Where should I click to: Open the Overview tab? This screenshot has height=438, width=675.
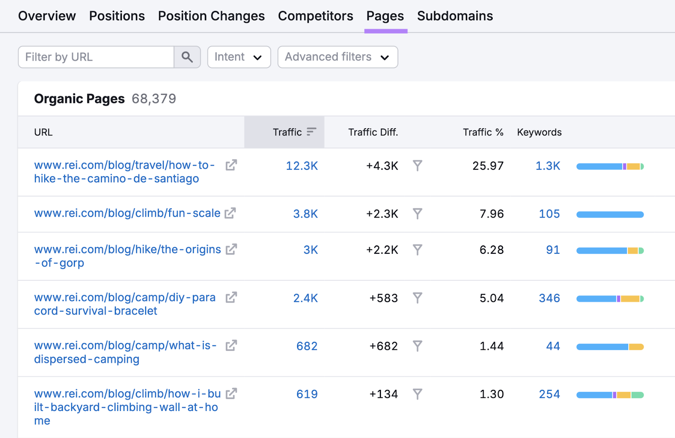coord(47,16)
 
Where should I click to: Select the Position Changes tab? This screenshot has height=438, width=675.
coord(211,16)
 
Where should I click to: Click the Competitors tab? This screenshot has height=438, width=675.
coord(315,16)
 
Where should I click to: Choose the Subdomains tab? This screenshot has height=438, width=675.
coord(455,16)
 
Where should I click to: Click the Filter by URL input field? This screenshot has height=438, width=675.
coord(96,57)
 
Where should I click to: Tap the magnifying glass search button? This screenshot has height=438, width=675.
coord(187,57)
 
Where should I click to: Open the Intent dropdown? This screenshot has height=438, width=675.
coord(239,57)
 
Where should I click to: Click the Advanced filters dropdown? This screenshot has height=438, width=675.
coord(337,57)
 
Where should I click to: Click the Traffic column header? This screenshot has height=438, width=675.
coord(288,132)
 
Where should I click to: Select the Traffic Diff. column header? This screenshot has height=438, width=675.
coord(373,132)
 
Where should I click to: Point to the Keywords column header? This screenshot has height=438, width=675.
coord(539,132)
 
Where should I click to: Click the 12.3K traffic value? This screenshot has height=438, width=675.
coord(302,166)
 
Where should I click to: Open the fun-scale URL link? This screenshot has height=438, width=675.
coord(127,213)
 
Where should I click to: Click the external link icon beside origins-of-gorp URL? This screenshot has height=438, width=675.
coord(231,250)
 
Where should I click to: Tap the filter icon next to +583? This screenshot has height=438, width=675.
coord(417,298)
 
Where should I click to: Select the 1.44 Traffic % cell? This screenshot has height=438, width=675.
coord(491,347)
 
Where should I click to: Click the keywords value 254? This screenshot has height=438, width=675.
coord(549,395)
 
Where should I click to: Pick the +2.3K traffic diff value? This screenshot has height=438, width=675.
coord(382,214)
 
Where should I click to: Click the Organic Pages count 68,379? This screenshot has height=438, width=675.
coord(154,99)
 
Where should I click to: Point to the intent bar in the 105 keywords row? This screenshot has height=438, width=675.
coord(610,215)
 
